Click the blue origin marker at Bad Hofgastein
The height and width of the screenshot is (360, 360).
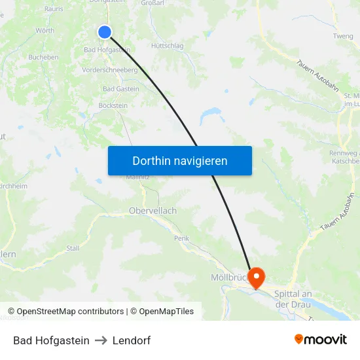pyautogui.click(x=105, y=32)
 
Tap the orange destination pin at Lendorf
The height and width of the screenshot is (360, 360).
pyautogui.click(x=255, y=278)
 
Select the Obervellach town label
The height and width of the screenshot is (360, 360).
pyautogui.click(x=153, y=211)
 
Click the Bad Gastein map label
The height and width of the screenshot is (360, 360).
pyautogui.click(x=121, y=89)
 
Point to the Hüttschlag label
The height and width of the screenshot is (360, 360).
pyautogui.click(x=168, y=46)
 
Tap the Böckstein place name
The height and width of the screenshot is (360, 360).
pyautogui.click(x=113, y=105)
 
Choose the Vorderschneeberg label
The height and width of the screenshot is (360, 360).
pyautogui.click(x=109, y=70)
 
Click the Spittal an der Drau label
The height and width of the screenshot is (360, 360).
pyautogui.click(x=297, y=299)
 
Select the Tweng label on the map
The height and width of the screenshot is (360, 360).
pyautogui.click(x=343, y=36)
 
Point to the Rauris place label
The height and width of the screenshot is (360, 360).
pyautogui.click(x=54, y=9)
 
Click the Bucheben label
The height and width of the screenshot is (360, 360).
pyautogui.click(x=44, y=57)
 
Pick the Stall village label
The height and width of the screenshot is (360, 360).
pyautogui.click(x=73, y=248)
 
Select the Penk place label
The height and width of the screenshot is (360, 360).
pyautogui.click(x=181, y=238)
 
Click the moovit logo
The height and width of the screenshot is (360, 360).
pyautogui.click(x=321, y=340)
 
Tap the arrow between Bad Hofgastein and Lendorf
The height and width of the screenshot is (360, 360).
pyautogui.click(x=101, y=341)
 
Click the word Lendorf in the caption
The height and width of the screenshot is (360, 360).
pyautogui.click(x=132, y=341)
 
